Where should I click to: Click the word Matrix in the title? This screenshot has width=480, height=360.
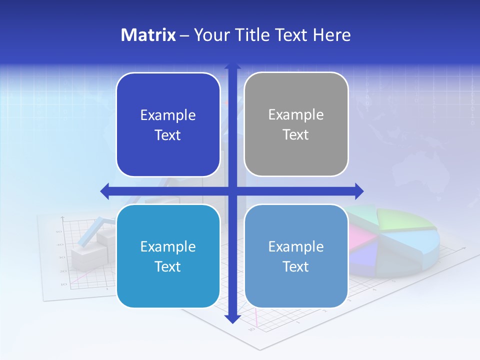(148, 35)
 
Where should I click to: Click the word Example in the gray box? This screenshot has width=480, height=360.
(296, 115)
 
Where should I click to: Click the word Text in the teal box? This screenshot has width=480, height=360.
(168, 266)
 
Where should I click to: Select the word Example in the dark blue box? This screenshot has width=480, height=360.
(168, 115)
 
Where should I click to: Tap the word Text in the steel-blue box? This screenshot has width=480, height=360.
(296, 266)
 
